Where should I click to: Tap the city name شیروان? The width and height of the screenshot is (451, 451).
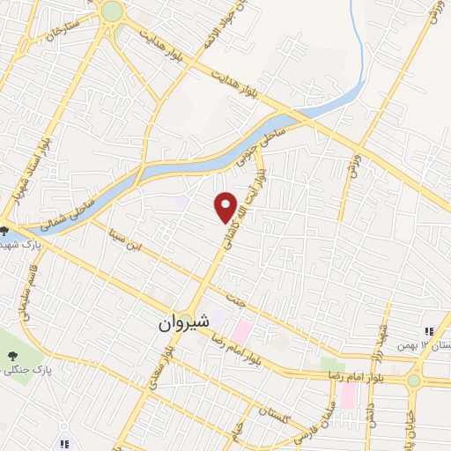[183, 324]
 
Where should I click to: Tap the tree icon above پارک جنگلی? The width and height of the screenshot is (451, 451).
[12, 355]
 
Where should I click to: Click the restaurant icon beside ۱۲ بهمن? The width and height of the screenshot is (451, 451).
[428, 332]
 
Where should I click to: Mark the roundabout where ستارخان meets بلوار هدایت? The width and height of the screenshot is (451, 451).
[112, 11]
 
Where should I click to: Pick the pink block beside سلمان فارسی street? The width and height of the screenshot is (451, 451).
[347, 395]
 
